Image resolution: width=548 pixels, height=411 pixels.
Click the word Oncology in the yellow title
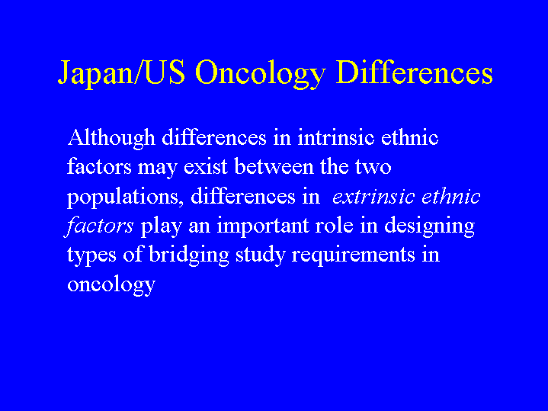(261, 74)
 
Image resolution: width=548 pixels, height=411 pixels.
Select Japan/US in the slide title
(121, 73)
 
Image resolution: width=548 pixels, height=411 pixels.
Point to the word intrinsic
(336, 137)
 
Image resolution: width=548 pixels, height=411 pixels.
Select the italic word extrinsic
(373, 196)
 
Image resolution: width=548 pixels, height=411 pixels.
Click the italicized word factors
(100, 226)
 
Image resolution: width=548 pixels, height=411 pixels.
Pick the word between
(274, 166)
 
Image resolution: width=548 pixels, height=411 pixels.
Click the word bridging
(189, 255)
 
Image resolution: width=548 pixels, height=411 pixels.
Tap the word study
(261, 255)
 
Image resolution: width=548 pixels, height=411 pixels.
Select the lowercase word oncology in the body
(111, 284)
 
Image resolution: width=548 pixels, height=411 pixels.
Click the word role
(334, 226)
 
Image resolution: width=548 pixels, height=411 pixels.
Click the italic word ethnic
(451, 196)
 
